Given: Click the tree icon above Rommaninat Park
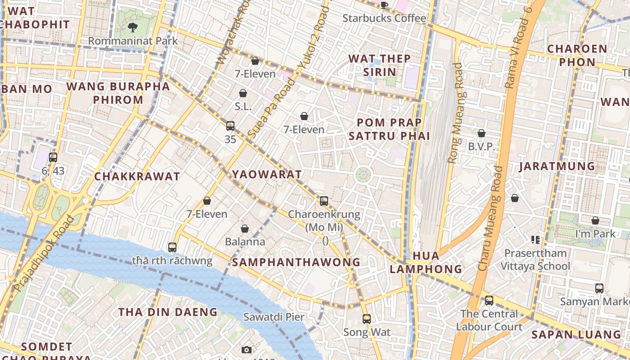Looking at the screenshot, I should point(132,27).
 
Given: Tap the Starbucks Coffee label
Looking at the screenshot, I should point(384,18).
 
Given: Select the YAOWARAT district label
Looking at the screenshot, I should point(266,175).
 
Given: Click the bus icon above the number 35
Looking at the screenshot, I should point(230,126).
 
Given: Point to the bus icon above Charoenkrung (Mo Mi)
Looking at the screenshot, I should point(324,201).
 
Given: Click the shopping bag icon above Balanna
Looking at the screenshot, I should point(245,229).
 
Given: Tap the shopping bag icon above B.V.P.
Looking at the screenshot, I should point(481,133).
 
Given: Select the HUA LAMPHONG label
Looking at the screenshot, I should point(426,262).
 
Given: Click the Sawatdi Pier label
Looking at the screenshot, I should point(274,317).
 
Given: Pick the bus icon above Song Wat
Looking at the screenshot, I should point(367,319).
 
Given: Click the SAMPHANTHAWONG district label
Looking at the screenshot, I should point(297,262).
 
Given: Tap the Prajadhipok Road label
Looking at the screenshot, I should point(44,253).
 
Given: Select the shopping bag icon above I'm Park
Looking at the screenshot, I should point(595,220).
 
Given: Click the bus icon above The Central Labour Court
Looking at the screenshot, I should point(489,300).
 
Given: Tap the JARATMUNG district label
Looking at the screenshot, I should point(557,166).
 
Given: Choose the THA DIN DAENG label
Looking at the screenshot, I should point(168,312).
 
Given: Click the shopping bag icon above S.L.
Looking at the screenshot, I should point(243,93).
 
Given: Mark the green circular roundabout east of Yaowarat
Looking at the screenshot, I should point(363,175).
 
